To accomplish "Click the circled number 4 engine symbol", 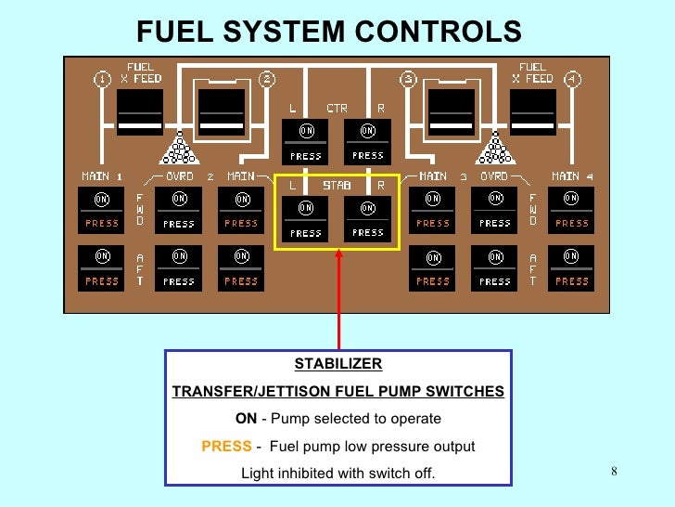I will pos(574,79).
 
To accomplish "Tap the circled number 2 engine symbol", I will pos(267,79).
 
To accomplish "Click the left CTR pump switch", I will pos(305,141).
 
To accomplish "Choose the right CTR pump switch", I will pos(368,141).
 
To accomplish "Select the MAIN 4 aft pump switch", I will pos(571,266).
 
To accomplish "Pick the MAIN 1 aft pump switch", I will pos(102,266).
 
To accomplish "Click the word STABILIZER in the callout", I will pos(338,364).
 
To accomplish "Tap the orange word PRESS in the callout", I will pos(226,447).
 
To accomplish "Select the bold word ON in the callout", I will pos(246,419).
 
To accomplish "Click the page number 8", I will pos(614,472).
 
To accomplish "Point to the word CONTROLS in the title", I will pos(436,32).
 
